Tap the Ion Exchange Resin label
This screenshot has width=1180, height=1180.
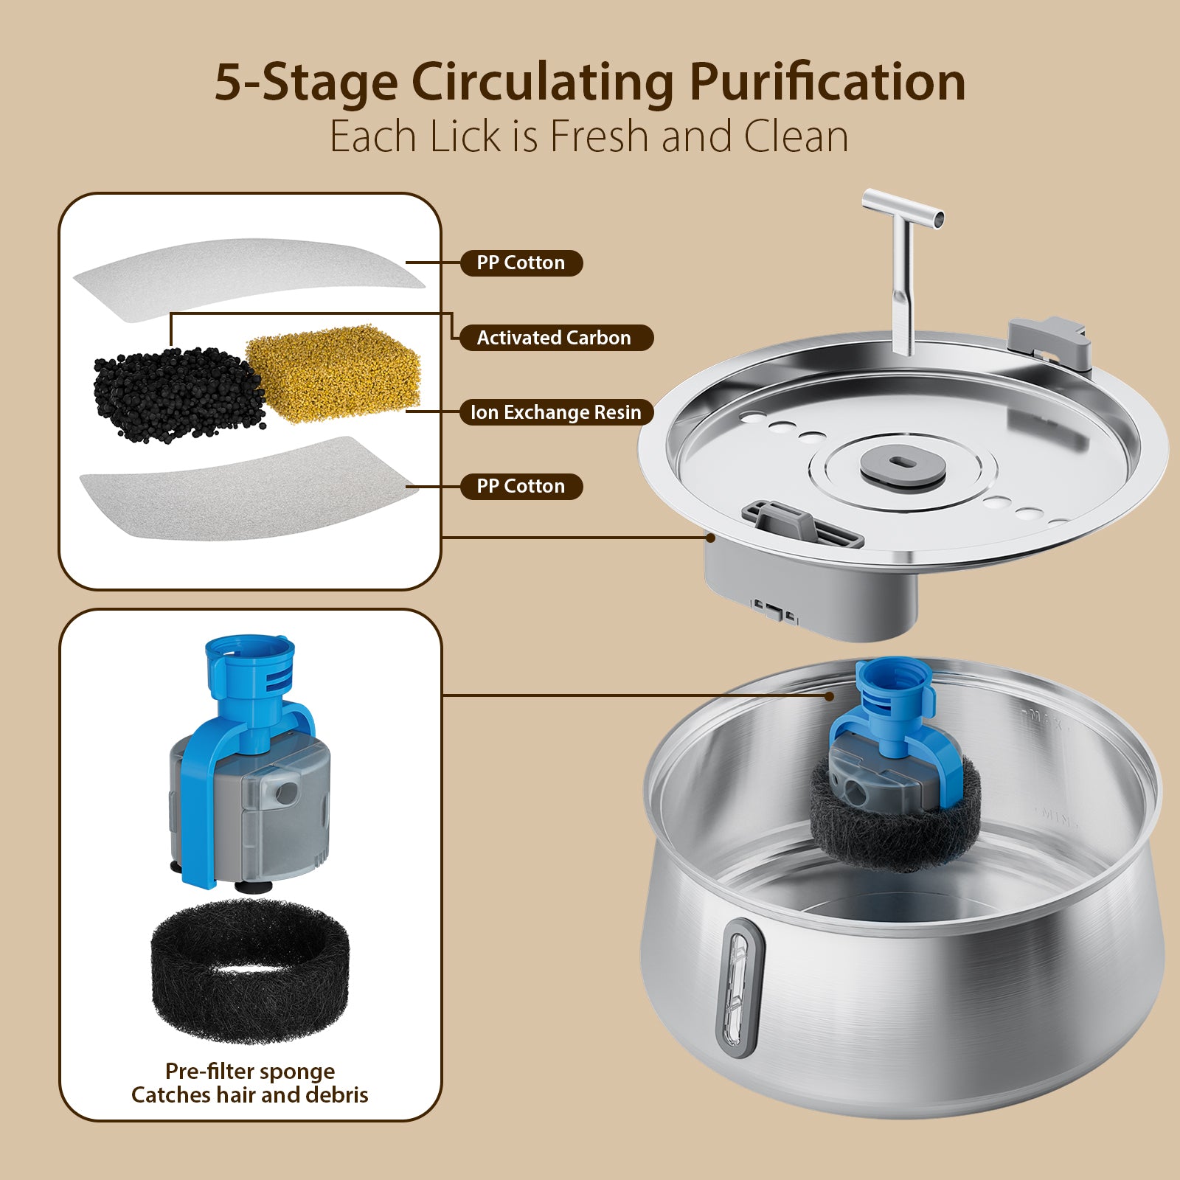click(556, 412)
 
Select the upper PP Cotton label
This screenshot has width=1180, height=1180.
click(521, 263)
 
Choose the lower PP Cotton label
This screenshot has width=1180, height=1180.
click(521, 487)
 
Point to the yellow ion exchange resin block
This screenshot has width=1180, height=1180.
click(333, 374)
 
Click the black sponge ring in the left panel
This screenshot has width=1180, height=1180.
click(249, 971)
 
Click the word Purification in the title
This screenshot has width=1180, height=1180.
click(827, 83)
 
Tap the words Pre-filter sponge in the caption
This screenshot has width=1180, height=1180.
click(250, 1071)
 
